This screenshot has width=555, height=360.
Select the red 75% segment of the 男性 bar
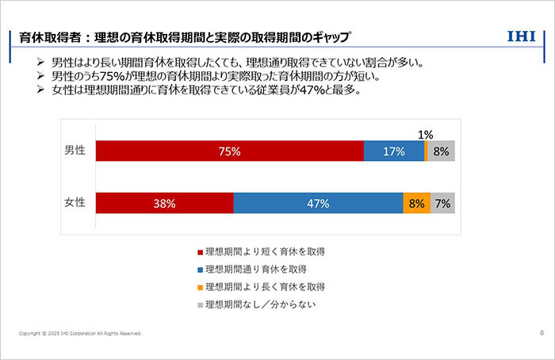[229, 151]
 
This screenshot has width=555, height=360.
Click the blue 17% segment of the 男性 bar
[394, 151]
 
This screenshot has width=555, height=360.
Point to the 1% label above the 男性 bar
[426, 135]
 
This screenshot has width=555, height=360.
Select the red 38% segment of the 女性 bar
[164, 203]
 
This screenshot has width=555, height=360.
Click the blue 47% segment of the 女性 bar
[318, 203]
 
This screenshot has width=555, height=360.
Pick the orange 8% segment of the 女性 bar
[416, 203]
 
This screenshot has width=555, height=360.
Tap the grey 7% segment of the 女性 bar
[442, 203]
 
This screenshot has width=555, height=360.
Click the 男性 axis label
[75, 151]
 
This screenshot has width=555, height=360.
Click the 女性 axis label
[75, 202]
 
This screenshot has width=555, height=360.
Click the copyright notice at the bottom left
[80, 334]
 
